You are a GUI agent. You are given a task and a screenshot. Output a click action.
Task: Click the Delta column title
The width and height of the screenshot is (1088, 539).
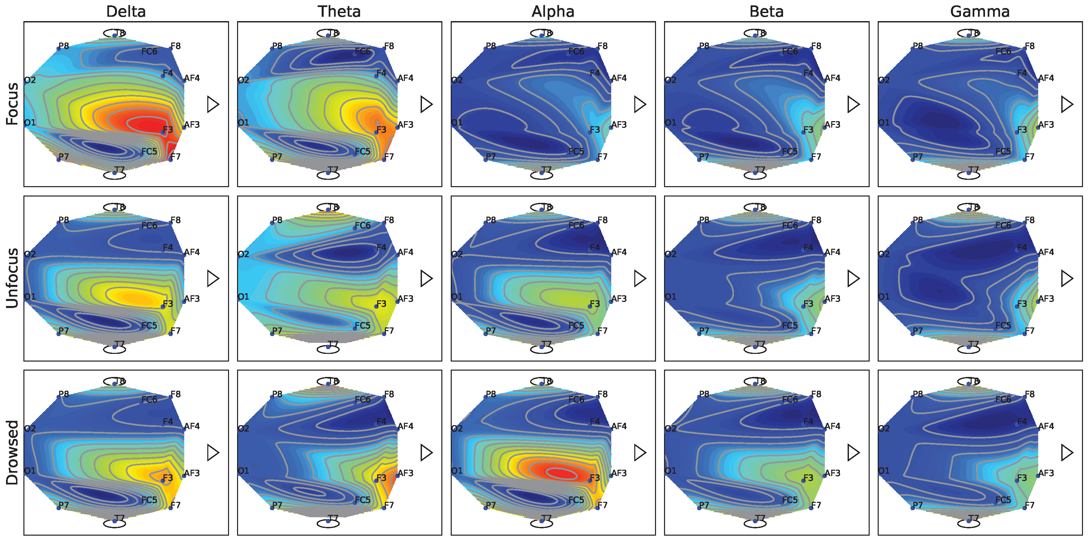click(x=126, y=11)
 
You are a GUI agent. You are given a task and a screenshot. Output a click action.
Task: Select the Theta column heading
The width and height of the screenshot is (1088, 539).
click(x=339, y=11)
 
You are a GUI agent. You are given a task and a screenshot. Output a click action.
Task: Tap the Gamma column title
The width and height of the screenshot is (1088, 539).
click(x=980, y=11)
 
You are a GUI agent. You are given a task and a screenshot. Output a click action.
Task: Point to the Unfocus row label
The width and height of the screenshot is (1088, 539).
click(x=12, y=278)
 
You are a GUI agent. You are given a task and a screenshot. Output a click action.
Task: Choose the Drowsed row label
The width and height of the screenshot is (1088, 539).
click(x=12, y=452)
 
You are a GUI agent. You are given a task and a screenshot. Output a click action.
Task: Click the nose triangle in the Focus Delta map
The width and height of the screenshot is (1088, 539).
click(x=212, y=104)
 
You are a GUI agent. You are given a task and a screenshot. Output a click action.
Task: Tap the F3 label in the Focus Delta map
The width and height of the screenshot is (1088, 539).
click(x=168, y=129)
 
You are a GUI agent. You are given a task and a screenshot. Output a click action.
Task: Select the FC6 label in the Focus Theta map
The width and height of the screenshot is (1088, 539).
click(x=362, y=51)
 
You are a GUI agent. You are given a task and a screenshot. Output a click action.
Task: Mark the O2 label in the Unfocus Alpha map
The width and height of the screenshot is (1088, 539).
click(x=457, y=254)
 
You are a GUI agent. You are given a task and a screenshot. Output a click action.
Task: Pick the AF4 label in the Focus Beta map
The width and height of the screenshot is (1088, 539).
click(x=833, y=78)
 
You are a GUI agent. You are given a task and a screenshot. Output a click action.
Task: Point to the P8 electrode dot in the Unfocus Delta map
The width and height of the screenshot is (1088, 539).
click(x=59, y=223)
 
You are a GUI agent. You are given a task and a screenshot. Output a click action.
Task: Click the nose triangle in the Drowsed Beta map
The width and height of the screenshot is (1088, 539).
click(x=853, y=452)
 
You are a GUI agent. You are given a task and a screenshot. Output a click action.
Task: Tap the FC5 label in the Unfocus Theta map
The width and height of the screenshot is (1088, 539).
click(x=362, y=325)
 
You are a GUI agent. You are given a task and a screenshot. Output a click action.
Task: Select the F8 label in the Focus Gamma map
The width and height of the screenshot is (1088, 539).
click(x=1030, y=46)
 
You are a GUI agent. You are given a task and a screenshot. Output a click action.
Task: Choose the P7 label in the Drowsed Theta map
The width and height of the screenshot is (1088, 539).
click(x=277, y=505)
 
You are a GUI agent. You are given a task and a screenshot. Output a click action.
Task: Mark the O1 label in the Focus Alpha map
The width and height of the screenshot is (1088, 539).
click(x=457, y=123)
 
